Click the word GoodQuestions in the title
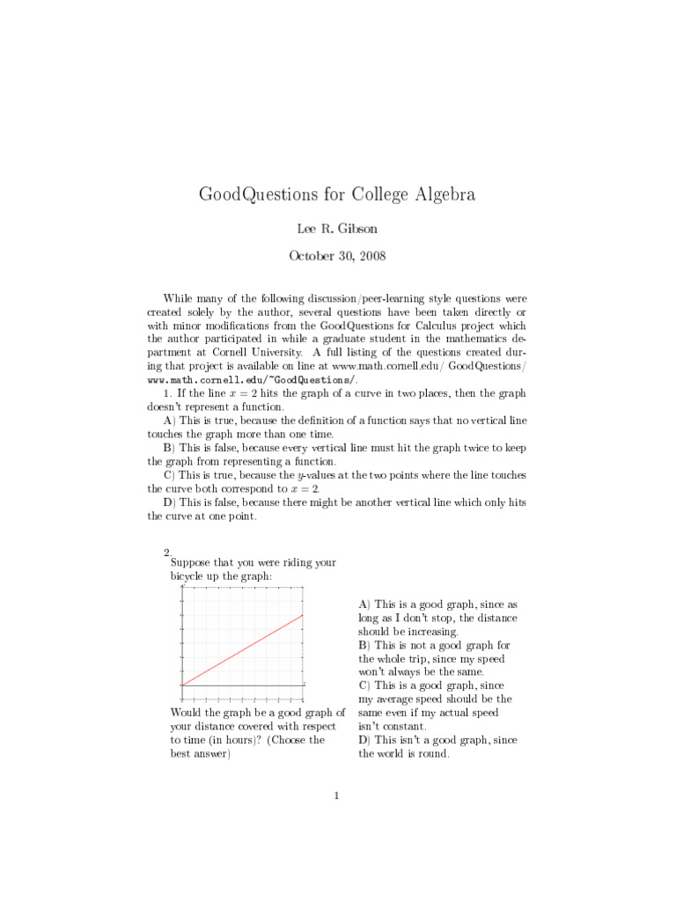(255, 194)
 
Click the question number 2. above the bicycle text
(167, 552)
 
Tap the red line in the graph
(242, 649)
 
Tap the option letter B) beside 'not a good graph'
(364, 645)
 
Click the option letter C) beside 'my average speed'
(364, 685)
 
